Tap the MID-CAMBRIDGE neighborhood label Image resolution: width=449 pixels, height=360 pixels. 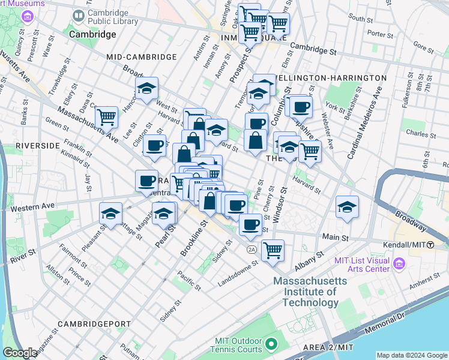pos(141,57)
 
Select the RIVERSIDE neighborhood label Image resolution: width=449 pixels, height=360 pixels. pos(38,146)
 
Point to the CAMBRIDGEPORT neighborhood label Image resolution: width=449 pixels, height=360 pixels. pos(94,324)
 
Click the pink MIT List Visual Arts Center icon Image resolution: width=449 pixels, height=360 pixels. pos(399,263)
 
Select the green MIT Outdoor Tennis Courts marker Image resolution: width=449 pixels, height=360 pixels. pos(271,344)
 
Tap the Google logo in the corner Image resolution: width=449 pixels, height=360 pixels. pos(20,353)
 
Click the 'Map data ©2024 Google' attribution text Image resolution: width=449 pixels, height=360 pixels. pos(411,355)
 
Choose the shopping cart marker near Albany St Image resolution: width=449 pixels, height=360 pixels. pos(273,248)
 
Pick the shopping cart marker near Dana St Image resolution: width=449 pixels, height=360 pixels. pos(106,116)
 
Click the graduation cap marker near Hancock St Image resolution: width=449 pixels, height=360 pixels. pos(146,89)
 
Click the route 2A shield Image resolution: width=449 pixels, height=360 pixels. pos(252,248)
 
